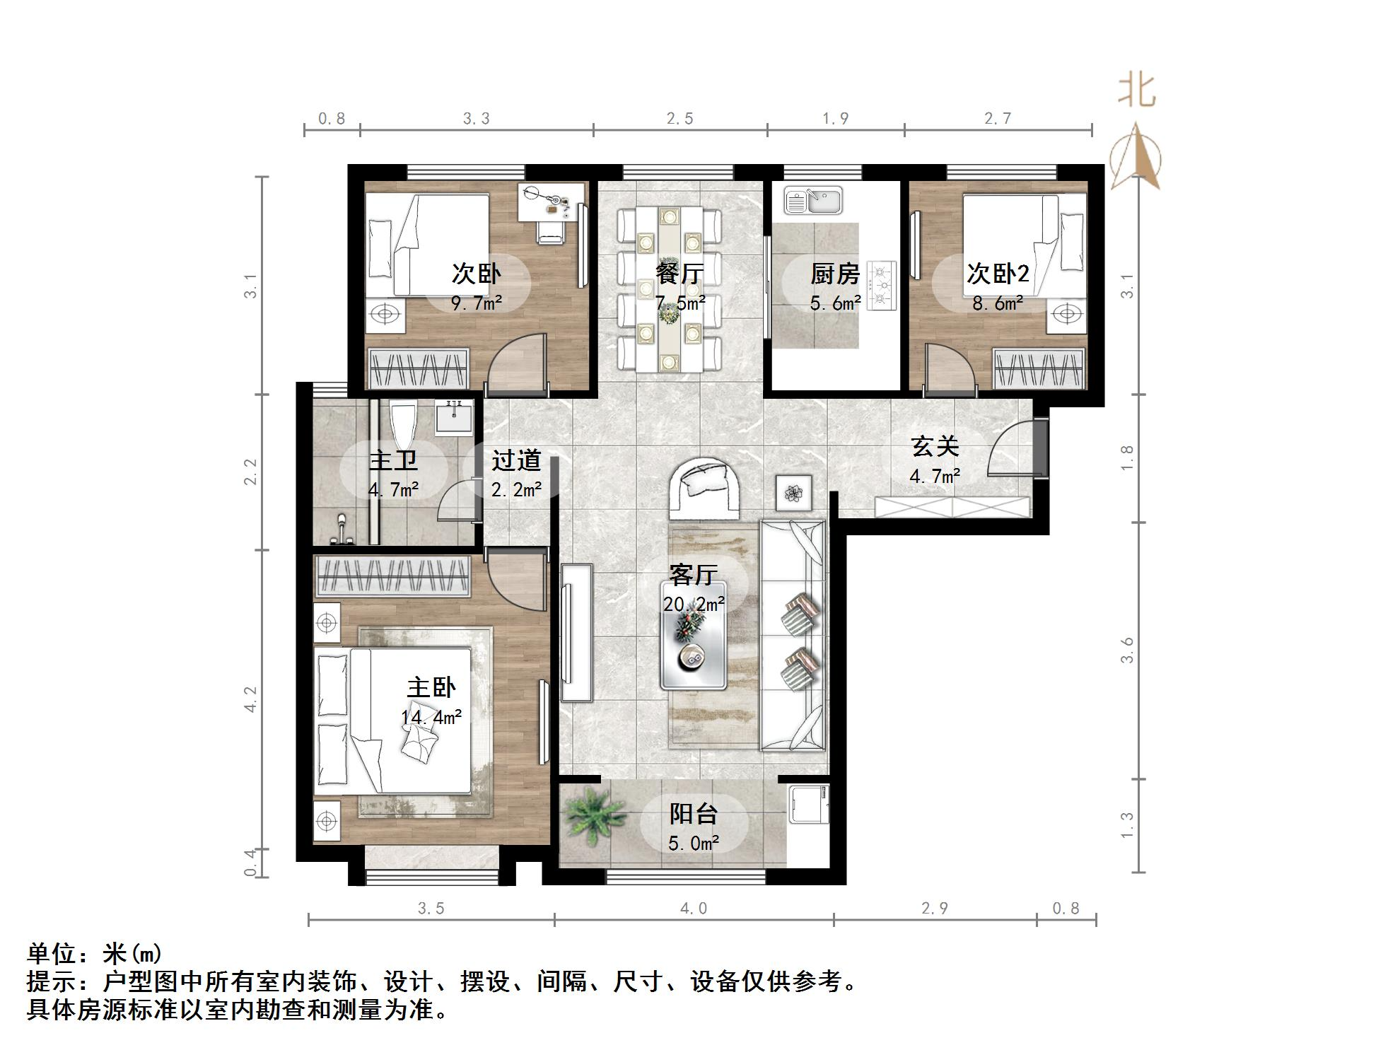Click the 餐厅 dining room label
(x=679, y=274)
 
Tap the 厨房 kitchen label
(x=834, y=274)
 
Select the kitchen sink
(x=813, y=200)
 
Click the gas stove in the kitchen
(x=882, y=285)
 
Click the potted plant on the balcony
(x=594, y=813)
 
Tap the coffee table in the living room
(x=693, y=635)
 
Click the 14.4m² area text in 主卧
(x=431, y=718)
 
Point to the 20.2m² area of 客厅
(x=693, y=605)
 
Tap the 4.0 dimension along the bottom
(x=693, y=909)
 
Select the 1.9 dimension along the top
(x=835, y=119)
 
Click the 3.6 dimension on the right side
(x=1127, y=651)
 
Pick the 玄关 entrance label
(x=935, y=446)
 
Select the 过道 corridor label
(x=516, y=460)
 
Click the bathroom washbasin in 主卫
(x=454, y=417)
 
